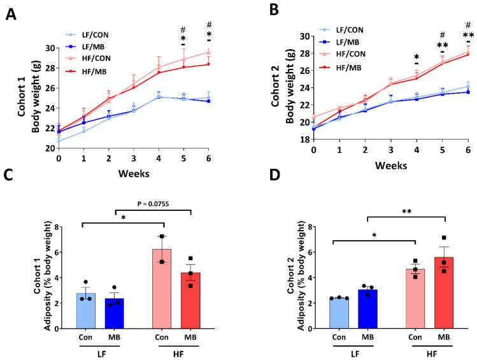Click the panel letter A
(x=11, y=14)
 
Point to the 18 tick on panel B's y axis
(x=303, y=139)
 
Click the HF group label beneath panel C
(x=181, y=354)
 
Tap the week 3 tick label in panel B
(x=390, y=150)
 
